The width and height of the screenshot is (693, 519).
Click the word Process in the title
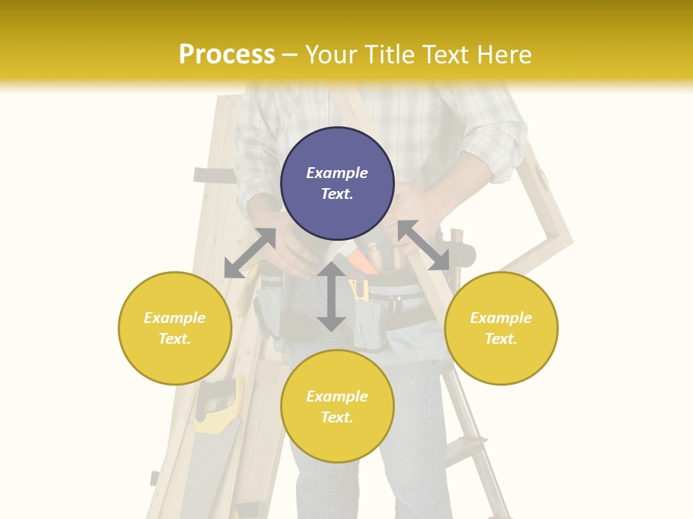pos(227,55)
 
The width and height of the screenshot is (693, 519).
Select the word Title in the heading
pos(392,55)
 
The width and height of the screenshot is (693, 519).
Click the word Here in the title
pos(505,55)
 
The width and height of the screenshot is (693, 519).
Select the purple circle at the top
pos(337,183)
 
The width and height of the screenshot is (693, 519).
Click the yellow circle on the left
pos(175,328)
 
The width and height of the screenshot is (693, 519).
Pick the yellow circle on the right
pos(501,328)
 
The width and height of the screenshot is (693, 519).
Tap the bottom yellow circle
pos(337,407)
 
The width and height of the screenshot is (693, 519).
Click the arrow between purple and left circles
pos(250,253)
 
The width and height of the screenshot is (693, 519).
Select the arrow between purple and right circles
pos(424,245)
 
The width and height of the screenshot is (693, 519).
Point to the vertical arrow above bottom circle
pos(331,296)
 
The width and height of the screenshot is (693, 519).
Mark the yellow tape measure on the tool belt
pos(359,290)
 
